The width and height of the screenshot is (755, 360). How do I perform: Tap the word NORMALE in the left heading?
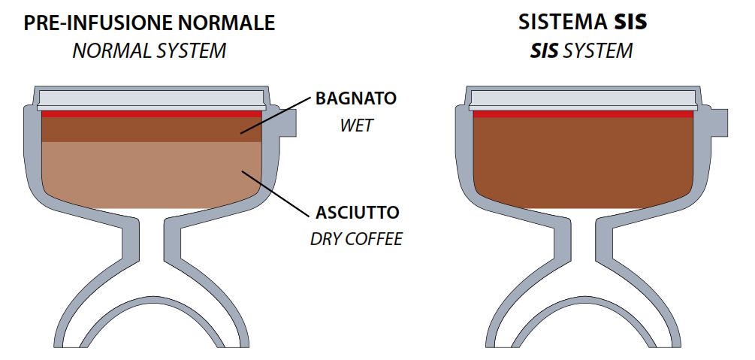point(224,23)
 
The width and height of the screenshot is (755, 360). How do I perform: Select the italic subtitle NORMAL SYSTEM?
point(149,51)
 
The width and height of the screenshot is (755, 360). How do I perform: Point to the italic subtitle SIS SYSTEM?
point(581,50)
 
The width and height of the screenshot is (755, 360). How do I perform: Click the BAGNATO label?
point(356,98)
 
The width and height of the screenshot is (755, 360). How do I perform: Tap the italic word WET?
point(356,126)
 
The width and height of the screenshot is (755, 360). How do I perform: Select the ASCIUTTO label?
point(358,212)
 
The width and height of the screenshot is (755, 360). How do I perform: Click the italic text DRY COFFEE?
point(356,239)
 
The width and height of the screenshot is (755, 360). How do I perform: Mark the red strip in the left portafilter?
point(152,114)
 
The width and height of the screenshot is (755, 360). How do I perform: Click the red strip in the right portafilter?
point(584,114)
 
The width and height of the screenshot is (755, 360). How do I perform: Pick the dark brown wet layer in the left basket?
point(152,129)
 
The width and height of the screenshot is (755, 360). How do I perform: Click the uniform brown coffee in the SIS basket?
point(584,162)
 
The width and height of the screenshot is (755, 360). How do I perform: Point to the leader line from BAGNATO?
point(276,115)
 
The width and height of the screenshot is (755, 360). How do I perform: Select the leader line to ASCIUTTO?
point(275,194)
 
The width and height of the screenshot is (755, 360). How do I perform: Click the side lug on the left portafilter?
point(288,123)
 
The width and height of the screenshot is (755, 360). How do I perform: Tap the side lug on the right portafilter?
point(719,123)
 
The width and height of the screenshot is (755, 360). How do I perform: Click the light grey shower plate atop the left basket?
point(152,101)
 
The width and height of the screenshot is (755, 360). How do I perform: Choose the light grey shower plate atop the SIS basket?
point(584,101)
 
